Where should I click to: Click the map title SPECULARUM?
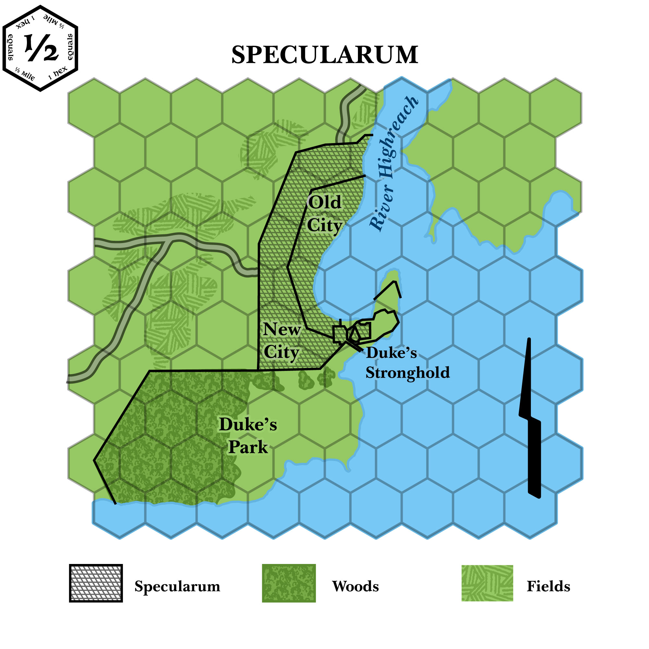(x=324, y=55)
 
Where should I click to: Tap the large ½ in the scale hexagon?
(x=41, y=48)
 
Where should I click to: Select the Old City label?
(x=324, y=214)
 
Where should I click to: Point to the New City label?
(x=281, y=341)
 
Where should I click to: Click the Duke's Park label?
(x=248, y=436)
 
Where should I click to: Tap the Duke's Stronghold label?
(x=407, y=363)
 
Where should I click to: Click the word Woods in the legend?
(x=355, y=586)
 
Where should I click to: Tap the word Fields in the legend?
(x=548, y=586)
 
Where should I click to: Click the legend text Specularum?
(x=178, y=586)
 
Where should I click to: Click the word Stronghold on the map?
(x=408, y=373)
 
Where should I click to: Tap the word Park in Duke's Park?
(x=248, y=447)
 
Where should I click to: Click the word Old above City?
(x=324, y=202)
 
